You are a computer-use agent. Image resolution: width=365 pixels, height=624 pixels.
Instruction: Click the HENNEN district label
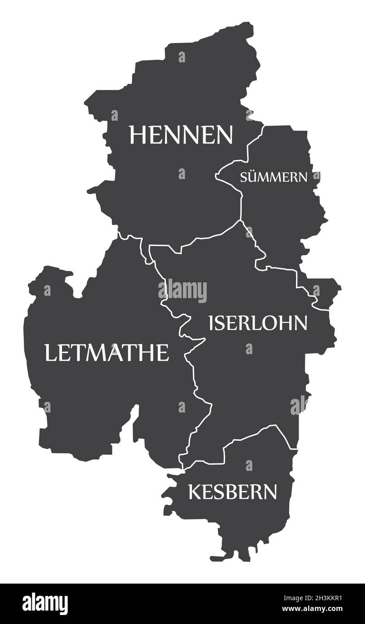[181, 135]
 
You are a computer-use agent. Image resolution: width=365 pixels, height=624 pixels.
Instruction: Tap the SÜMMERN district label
[274, 177]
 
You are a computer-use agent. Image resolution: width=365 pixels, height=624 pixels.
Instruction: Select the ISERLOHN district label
[258, 323]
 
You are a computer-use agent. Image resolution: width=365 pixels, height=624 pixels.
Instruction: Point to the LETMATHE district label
[106, 352]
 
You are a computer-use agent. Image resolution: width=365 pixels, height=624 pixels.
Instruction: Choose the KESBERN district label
[232, 492]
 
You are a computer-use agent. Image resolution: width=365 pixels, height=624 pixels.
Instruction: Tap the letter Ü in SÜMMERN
[252, 176]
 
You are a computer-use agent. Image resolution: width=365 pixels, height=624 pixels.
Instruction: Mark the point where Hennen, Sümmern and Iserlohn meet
[241, 220]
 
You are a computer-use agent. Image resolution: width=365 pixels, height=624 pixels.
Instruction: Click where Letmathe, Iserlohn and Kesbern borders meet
[183, 469]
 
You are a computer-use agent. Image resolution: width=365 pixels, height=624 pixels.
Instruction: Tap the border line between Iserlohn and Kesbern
[251, 435]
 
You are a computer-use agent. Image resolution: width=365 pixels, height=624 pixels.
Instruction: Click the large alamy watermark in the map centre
[182, 290]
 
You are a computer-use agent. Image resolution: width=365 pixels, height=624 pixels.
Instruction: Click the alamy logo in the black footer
[45, 604]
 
